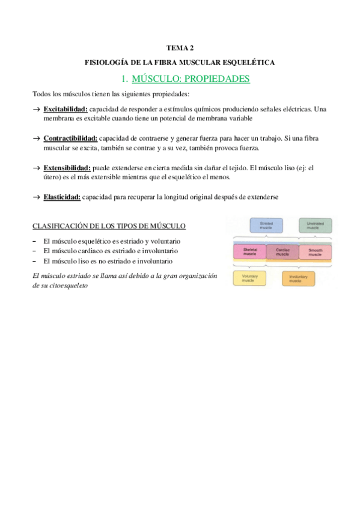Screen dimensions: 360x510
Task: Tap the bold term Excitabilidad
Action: [x=66, y=109]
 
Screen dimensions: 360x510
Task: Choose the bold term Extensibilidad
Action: [x=67, y=168]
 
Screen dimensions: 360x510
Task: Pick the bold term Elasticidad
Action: [x=62, y=197]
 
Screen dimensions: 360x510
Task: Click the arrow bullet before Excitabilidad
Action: [x=37, y=109]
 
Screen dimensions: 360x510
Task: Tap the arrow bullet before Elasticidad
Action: [x=37, y=197]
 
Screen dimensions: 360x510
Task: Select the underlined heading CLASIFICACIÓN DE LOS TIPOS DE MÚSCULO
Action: [x=109, y=226]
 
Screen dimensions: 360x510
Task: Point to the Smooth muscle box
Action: [x=315, y=252]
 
